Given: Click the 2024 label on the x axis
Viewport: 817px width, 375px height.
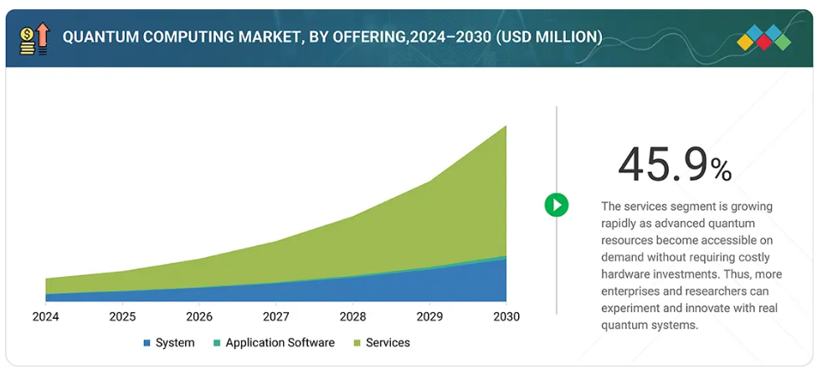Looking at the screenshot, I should pos(45,316).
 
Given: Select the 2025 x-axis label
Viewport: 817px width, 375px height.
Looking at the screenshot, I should pos(122,316).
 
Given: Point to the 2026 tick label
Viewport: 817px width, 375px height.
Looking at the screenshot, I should pos(199,316).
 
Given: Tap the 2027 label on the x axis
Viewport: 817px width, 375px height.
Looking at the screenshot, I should pos(276,316).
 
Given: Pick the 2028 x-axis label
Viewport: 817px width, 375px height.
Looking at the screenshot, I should pos(352,316).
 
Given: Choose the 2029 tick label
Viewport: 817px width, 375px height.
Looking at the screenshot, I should pos(429,316).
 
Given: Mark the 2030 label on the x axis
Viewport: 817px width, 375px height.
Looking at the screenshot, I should pos(506,316).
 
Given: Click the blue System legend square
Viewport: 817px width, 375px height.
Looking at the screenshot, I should pos(147,343).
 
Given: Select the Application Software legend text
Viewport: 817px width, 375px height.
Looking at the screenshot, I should pos(280,343).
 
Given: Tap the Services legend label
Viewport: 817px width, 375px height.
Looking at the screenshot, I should pos(388,343).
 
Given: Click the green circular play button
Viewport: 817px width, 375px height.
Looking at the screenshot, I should pos(556,205).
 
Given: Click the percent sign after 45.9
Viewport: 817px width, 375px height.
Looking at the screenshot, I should pos(721,171).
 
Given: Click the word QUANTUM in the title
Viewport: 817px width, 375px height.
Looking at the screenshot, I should pos(98,38).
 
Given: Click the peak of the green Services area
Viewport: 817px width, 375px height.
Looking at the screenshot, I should pos(505,128).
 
